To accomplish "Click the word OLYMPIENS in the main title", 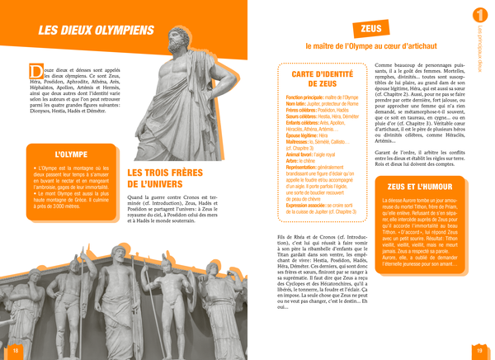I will tap(118, 32).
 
